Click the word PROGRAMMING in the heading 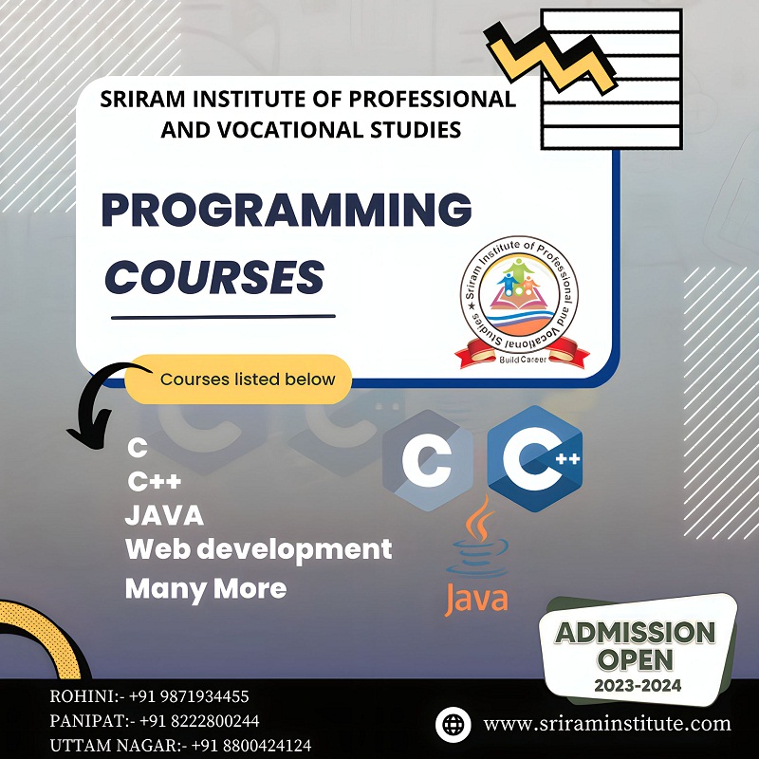point(286,211)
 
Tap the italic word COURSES point(213,276)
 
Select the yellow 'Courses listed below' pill point(247,379)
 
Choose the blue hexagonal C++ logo point(534,459)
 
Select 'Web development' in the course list point(258,548)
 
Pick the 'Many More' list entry point(205,588)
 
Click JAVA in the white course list point(163,516)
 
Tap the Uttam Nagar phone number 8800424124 point(250,746)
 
